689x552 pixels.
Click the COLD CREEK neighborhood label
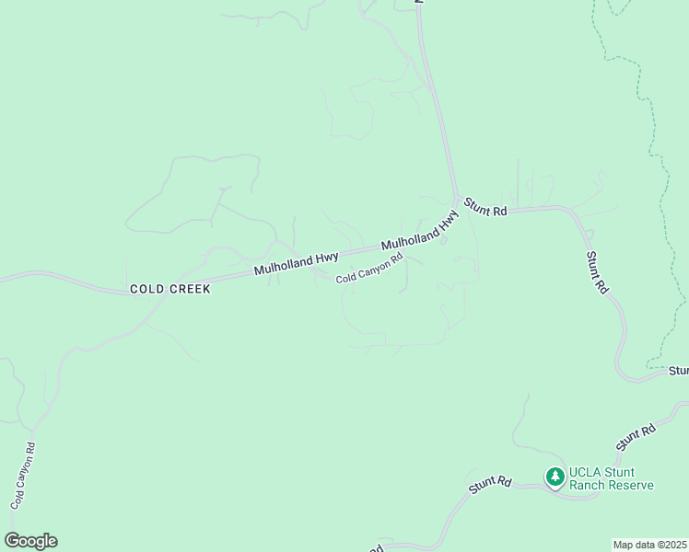(170, 289)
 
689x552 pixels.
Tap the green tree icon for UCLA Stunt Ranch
(555, 477)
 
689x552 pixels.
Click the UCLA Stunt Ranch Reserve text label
(612, 478)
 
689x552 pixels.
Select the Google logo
(30, 541)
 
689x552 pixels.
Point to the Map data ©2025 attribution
(649, 545)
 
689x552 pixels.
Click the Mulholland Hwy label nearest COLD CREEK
(297, 263)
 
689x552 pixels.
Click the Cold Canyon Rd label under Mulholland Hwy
(369, 270)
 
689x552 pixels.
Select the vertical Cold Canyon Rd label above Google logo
(23, 477)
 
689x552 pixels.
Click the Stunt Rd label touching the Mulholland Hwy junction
(485, 207)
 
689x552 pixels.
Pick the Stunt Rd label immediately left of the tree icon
(489, 485)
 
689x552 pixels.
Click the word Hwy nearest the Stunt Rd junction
(448, 220)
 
